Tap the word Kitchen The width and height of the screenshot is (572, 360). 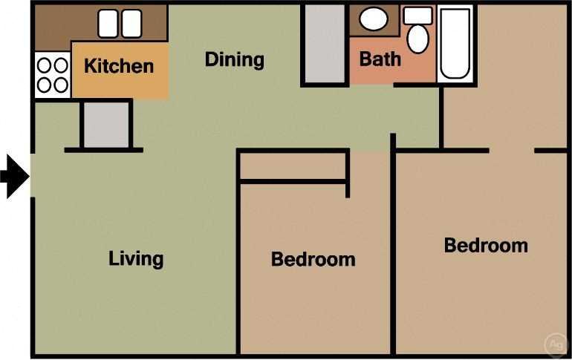[x=119, y=66]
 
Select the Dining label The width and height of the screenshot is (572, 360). [x=234, y=59]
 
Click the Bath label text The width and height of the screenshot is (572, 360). [x=380, y=59]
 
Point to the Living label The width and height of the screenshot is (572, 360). [x=136, y=259]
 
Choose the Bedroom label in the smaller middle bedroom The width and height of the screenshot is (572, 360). [x=313, y=260]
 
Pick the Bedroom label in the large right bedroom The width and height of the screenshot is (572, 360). [x=486, y=246]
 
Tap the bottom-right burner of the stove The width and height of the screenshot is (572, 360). [x=60, y=85]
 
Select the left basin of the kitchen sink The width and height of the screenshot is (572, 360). [x=108, y=23]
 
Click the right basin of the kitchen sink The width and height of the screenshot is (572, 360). [x=131, y=23]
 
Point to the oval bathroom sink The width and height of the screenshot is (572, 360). [x=374, y=19]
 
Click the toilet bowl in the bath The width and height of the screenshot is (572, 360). [x=417, y=39]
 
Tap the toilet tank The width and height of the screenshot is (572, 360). [x=417, y=16]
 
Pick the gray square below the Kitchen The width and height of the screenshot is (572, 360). [x=105, y=125]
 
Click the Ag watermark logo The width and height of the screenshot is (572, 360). [x=554, y=344]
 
